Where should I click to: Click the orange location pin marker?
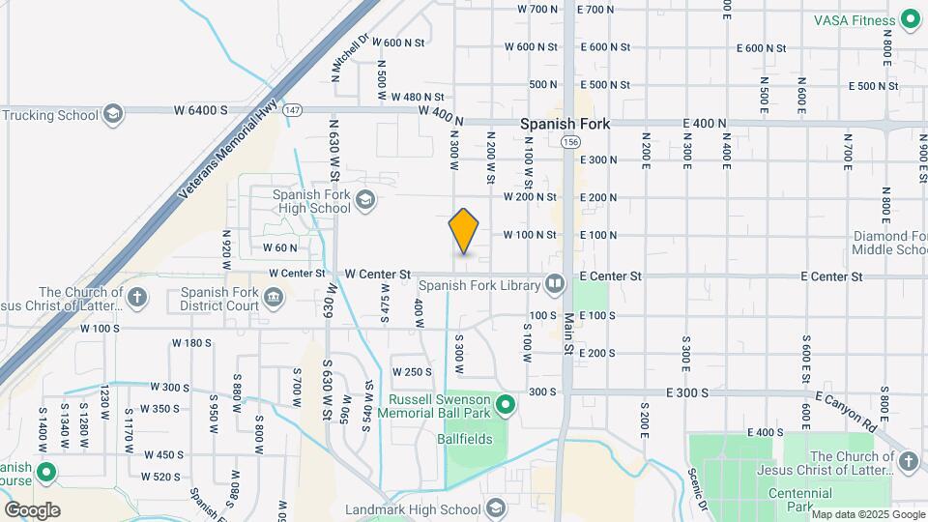464,232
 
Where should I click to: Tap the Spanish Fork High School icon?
365,200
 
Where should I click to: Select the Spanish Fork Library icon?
554,283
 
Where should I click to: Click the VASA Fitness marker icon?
909,18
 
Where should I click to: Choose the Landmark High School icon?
496,508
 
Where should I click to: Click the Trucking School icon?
113,115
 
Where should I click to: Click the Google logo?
32,509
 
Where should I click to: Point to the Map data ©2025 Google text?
867,515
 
